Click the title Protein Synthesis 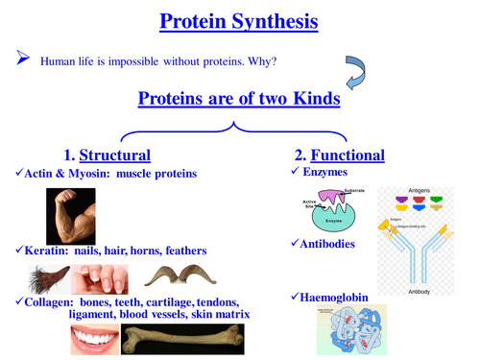(x=239, y=21)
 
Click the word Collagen (x=44, y=300)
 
